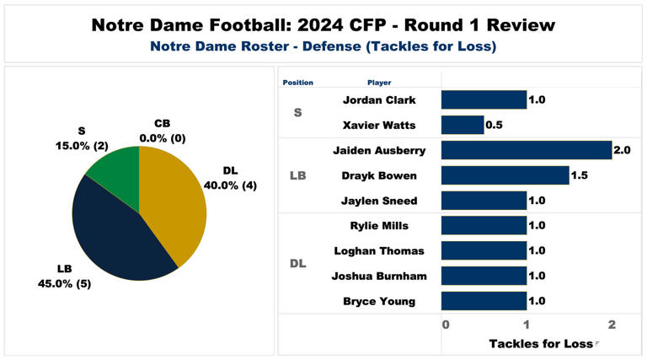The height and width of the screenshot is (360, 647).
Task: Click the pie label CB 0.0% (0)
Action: (x=162, y=131)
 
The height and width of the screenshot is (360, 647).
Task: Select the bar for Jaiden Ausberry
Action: (x=527, y=150)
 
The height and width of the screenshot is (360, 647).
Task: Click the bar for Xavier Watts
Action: (x=463, y=125)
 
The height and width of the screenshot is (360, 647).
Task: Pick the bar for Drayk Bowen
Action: (x=505, y=175)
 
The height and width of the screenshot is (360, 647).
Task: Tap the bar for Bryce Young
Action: (x=484, y=301)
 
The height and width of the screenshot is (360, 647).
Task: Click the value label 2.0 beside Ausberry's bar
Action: (x=623, y=150)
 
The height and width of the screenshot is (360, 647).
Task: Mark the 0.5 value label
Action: (x=495, y=125)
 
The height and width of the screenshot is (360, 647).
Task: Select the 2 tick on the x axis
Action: (x=612, y=325)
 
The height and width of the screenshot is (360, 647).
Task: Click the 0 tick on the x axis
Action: (x=445, y=325)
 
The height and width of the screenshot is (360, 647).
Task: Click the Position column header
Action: (x=297, y=83)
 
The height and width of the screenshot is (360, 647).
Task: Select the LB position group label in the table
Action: (x=297, y=175)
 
